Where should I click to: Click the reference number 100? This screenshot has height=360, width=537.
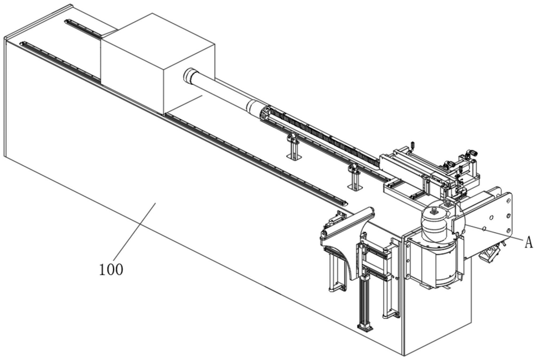pos(111,270)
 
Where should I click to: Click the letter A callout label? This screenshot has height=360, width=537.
pos(529,243)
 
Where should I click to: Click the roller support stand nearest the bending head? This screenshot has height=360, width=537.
pos(354,177)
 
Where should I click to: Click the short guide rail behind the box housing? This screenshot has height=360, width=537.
pos(83,28)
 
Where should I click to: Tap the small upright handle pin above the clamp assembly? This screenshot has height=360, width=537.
pos(412,145)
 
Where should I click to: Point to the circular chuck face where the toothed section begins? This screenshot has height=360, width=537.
pos(265,114)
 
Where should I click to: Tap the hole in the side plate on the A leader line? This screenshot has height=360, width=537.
pos(484,229)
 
